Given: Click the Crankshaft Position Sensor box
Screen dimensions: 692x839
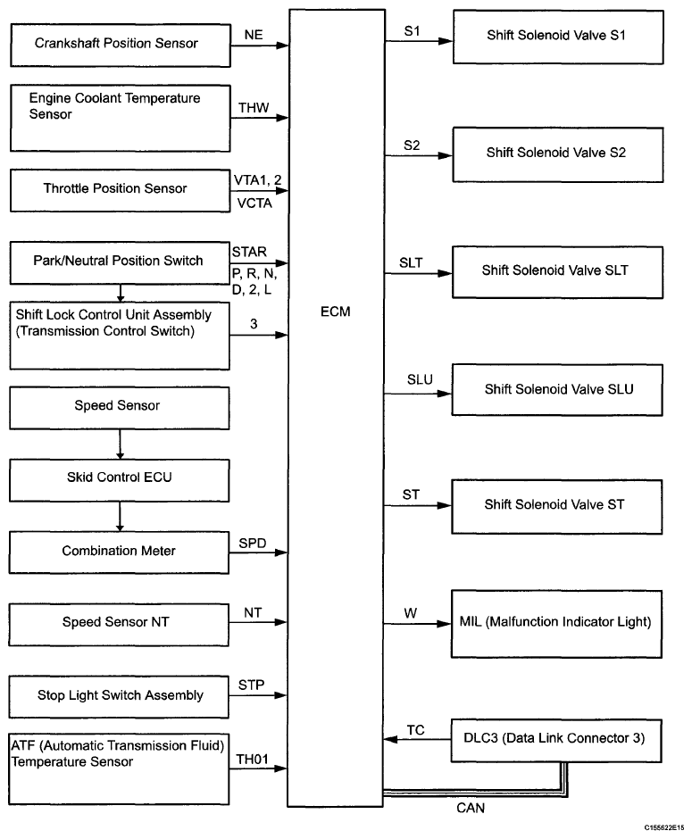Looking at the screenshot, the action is [121, 45].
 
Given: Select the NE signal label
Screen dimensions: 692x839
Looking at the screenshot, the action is [254, 35].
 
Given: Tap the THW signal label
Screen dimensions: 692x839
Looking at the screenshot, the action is [254, 107].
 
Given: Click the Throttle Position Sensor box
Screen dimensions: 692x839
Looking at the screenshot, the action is [120, 190].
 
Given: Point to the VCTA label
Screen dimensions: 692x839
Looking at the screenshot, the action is [254, 204].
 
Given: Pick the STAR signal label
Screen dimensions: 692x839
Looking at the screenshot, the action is [249, 252].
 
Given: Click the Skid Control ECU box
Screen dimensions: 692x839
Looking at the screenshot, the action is [120, 480].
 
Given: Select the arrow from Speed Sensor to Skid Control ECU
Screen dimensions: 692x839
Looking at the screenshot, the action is [120, 444].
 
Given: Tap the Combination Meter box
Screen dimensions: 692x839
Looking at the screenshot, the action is [119, 552].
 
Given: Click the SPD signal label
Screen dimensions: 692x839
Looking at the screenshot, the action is [253, 543].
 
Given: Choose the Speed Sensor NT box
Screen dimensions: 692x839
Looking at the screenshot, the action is [118, 625].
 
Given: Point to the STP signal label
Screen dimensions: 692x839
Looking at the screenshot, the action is [252, 685].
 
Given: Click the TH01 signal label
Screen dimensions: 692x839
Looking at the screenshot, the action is [252, 760].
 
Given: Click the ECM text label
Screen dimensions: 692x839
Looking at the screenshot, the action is [336, 312].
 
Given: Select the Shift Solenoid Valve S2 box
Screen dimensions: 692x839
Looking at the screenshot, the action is [558, 154].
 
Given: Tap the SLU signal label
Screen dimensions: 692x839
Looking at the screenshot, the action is [420, 379].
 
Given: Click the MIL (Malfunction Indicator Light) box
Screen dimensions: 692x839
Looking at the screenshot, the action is [556, 624].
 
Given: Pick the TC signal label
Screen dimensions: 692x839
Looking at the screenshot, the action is [415, 730].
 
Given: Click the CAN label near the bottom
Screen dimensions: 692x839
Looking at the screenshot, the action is [471, 808].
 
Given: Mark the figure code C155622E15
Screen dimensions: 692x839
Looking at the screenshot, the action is [663, 827].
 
